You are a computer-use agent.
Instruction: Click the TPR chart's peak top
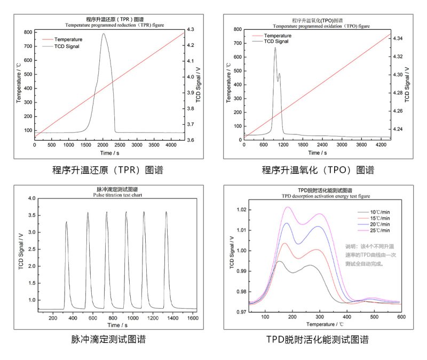coord(103,34)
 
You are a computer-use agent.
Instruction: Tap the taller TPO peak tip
coord(275,48)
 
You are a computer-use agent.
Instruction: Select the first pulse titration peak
coord(66,222)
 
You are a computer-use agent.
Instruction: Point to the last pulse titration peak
coord(166,212)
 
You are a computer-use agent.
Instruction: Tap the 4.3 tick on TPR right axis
coord(190,29)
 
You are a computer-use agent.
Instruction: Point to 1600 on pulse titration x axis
coord(193,318)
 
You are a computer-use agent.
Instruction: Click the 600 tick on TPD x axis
coord(400,317)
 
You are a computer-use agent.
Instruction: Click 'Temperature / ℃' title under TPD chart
coord(325,324)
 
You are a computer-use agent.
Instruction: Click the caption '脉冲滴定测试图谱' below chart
coord(108,339)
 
